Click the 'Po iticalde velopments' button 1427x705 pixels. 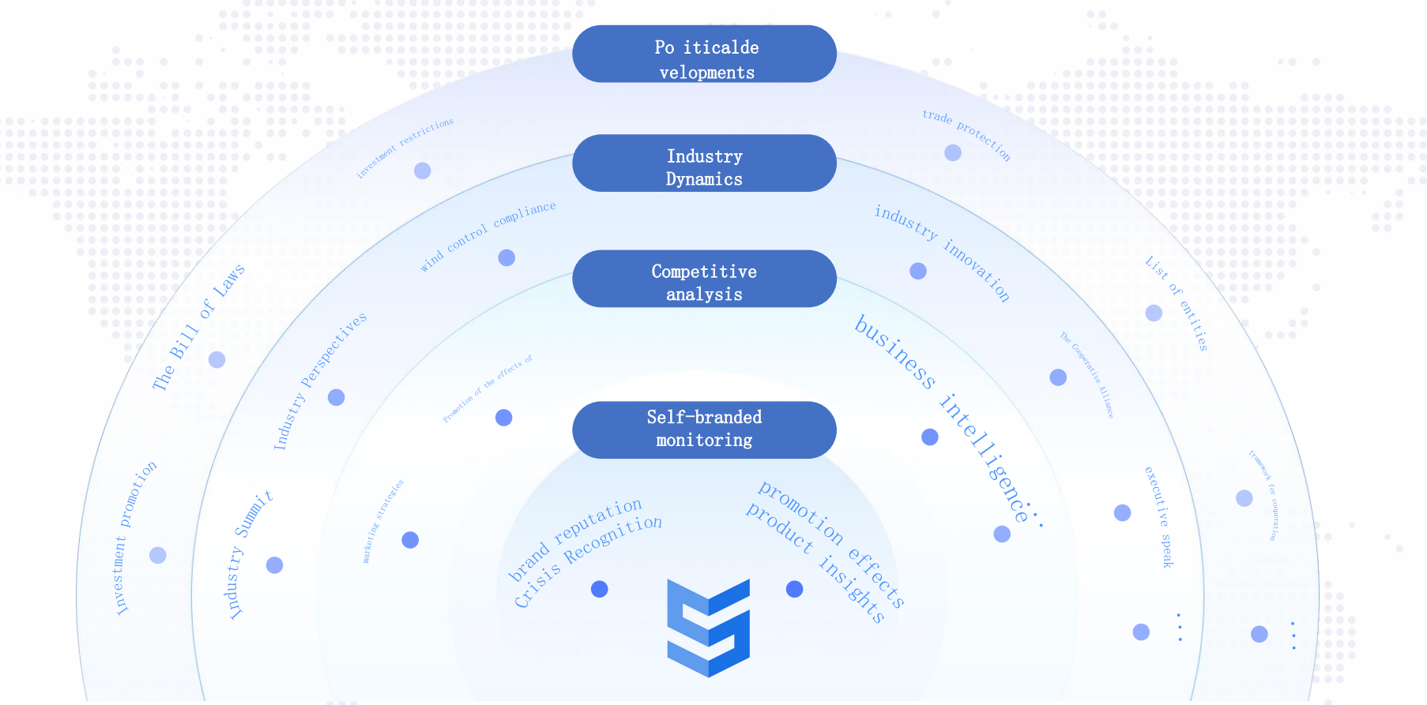tap(704, 54)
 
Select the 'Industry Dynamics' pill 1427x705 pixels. tap(704, 163)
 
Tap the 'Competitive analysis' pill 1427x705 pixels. tap(704, 279)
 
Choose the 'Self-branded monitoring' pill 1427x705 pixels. tap(704, 429)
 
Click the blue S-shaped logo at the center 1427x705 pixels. tap(708, 628)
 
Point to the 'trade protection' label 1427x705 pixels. tap(966, 135)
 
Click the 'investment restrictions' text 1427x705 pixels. tap(405, 148)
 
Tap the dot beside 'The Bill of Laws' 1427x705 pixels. tap(216, 360)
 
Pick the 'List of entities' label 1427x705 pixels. tap(1177, 303)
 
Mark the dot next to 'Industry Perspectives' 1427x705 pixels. tap(336, 397)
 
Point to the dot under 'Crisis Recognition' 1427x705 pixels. tap(600, 589)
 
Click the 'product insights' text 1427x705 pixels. tap(815, 561)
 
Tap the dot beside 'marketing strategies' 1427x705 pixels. tap(410, 540)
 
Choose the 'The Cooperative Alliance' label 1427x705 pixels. tap(1087, 375)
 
